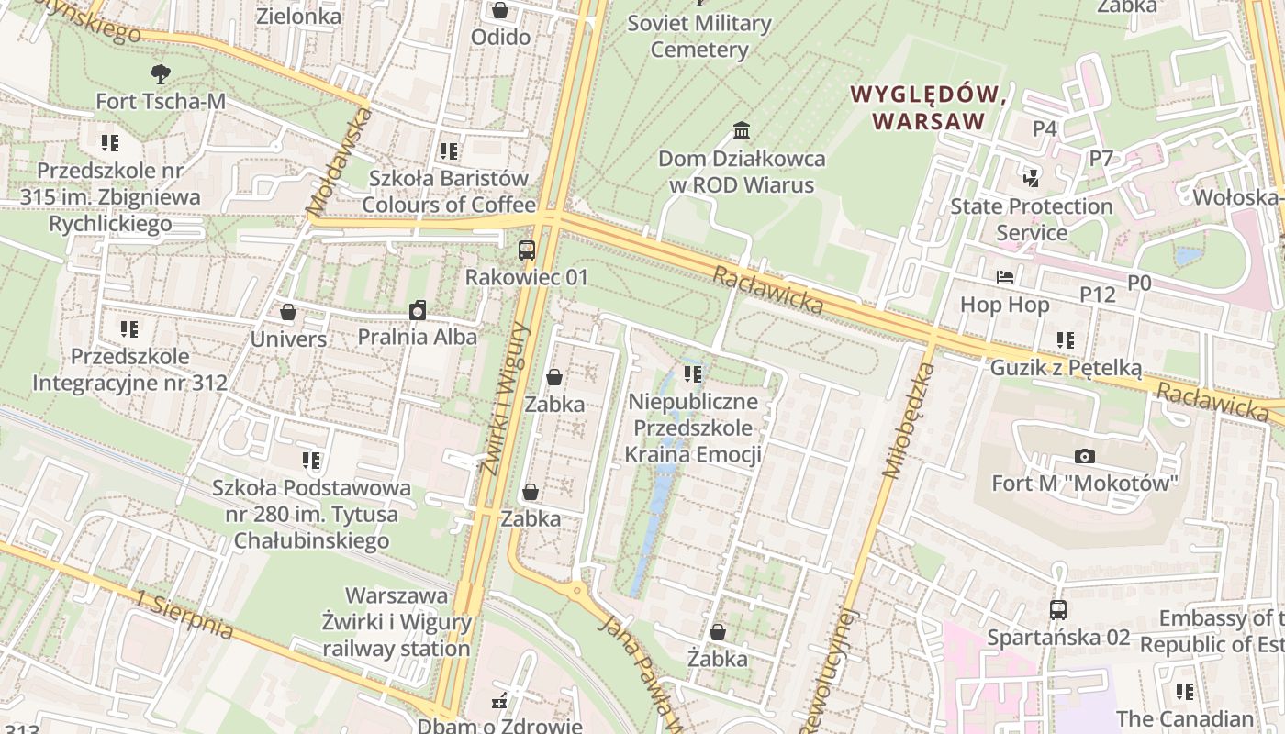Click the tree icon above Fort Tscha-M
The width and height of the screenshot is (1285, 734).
pos(161,73)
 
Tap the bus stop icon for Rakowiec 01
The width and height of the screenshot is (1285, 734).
pos(527,250)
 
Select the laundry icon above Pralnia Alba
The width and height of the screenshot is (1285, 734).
pos(418,310)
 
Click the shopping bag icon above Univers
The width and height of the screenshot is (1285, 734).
pos(288,312)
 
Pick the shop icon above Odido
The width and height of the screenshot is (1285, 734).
pos(500,10)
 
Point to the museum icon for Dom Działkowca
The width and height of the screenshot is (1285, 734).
pos(742,131)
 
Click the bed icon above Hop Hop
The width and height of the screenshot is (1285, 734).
pos(1005,276)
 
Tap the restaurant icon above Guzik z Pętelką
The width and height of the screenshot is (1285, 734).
pos(1066,340)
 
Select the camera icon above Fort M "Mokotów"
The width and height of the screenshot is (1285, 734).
pos(1085,456)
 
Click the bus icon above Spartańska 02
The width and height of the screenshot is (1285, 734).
pos(1058,609)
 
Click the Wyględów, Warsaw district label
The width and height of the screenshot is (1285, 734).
pos(929,106)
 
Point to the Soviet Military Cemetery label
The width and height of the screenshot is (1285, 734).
pos(699,36)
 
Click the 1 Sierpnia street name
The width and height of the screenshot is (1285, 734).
pos(184,614)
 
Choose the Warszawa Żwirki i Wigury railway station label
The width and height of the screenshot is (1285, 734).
pos(397,622)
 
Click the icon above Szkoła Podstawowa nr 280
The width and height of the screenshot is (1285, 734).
pos(311,460)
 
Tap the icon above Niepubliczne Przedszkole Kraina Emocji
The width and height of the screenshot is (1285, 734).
pos(693,374)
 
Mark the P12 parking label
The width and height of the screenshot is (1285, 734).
pos(1097,295)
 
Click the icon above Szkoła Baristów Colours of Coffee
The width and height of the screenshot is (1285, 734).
pos(448,150)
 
